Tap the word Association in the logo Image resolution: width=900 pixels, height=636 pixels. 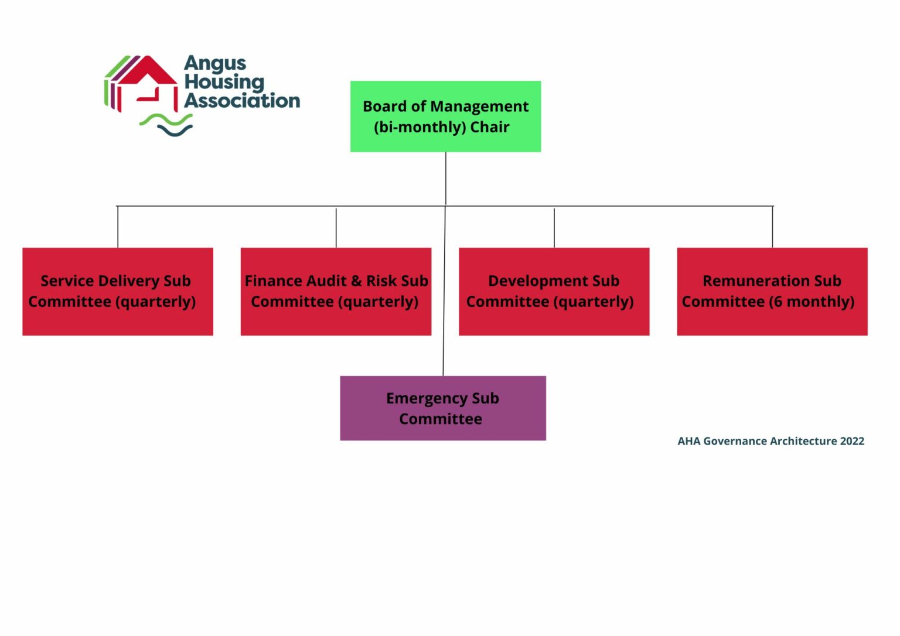pyautogui.click(x=242, y=101)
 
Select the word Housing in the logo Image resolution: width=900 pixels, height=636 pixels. pyautogui.click(x=224, y=83)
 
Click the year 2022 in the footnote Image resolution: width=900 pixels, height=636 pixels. pyautogui.click(x=852, y=441)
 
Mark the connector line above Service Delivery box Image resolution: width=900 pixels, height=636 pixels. pyautogui.click(x=118, y=227)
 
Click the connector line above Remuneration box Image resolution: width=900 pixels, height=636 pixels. pyautogui.click(x=772, y=227)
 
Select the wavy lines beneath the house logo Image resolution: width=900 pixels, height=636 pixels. pyautogui.click(x=166, y=124)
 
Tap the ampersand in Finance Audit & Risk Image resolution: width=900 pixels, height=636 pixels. pyautogui.click(x=356, y=281)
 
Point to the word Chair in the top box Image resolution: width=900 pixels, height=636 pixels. pyautogui.click(x=490, y=127)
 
